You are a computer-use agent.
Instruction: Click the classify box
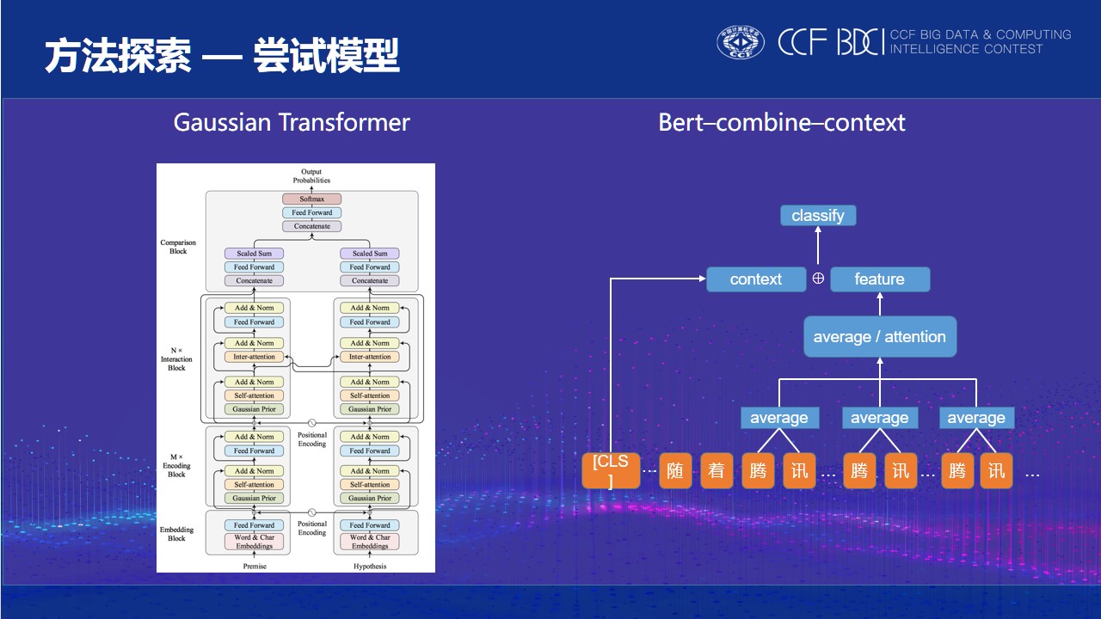[x=818, y=216]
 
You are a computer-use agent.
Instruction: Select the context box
[x=756, y=279]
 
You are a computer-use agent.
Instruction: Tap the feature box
[x=879, y=279]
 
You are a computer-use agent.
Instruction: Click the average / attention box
[x=879, y=337]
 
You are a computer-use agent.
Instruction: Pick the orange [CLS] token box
[x=611, y=471]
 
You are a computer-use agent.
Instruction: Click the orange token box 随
[x=675, y=471]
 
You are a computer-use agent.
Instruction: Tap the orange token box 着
[x=717, y=471]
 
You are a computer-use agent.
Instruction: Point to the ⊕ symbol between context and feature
[x=818, y=279]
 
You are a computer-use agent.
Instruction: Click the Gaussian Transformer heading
[x=292, y=122]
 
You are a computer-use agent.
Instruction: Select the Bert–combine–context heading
[x=781, y=122]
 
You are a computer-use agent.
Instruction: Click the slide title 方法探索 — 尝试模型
[x=222, y=58]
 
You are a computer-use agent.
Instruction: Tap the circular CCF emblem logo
[x=741, y=42]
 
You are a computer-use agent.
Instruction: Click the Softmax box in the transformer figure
[x=311, y=199]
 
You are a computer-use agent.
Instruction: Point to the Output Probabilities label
[x=311, y=176]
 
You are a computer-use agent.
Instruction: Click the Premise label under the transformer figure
[x=255, y=566]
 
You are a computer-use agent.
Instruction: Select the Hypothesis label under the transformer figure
[x=370, y=566]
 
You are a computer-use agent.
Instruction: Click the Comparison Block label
[x=178, y=247]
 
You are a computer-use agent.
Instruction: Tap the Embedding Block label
[x=176, y=534]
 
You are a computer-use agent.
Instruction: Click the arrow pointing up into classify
[x=818, y=246]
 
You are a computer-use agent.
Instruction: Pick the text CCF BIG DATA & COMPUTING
[x=981, y=35]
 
